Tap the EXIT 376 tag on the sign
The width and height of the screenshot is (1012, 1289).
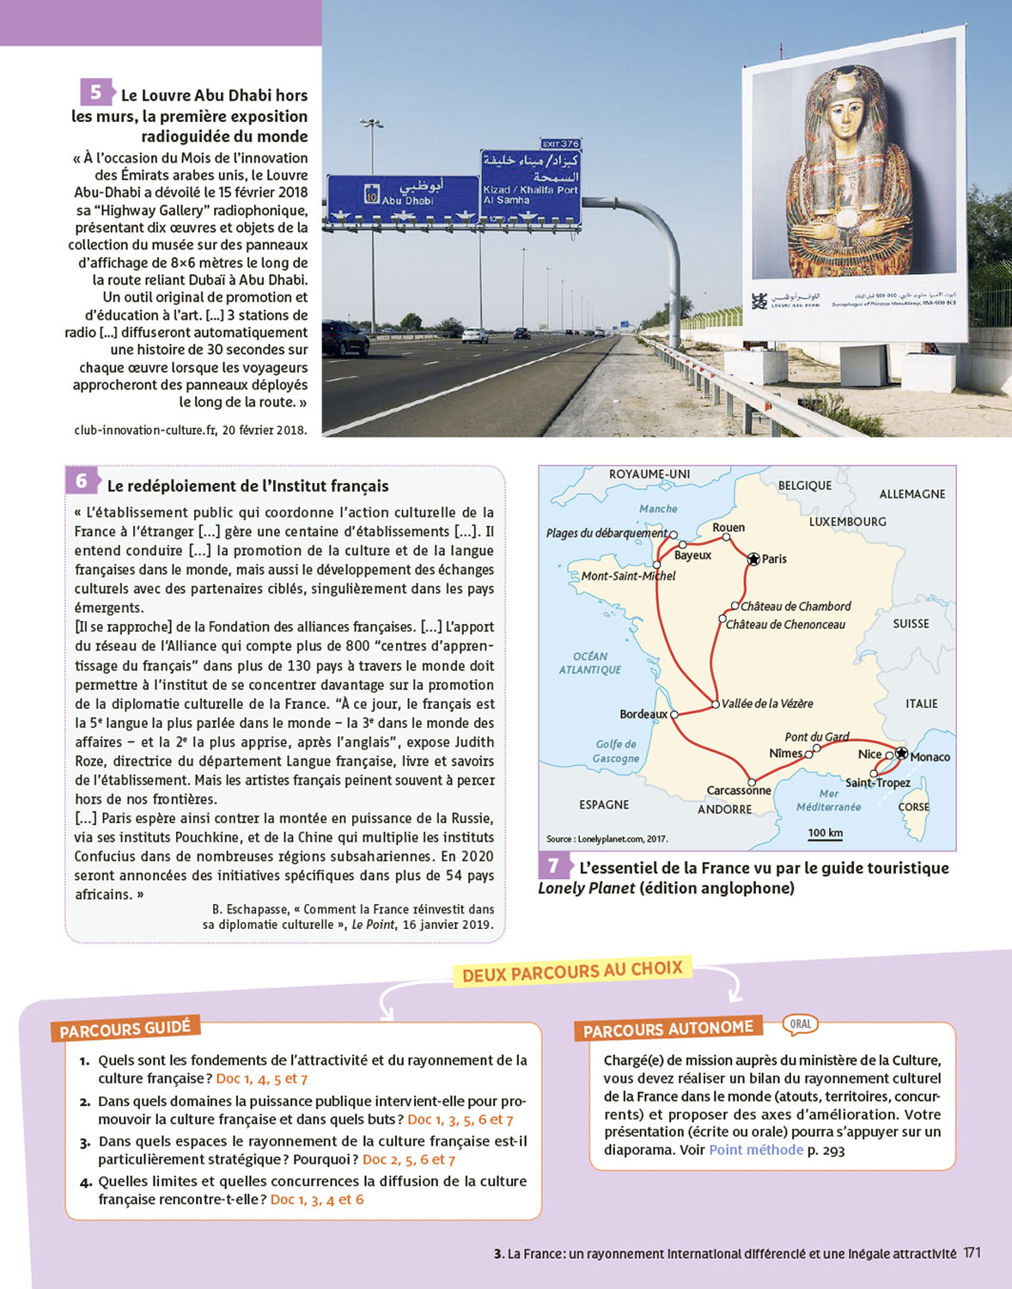coord(560,144)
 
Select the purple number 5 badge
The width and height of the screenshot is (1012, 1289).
coord(95,92)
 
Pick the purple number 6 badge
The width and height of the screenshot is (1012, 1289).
coord(82,481)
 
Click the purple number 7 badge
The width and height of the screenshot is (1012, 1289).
coord(553,865)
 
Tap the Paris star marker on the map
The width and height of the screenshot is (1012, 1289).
coord(753,559)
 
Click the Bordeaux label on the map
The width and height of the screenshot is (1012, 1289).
coord(643,714)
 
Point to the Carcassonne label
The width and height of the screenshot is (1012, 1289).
coord(738,791)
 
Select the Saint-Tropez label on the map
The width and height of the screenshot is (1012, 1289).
coord(877,783)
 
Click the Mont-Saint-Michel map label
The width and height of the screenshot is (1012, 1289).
coord(628,576)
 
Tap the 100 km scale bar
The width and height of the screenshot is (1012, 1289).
coord(825,834)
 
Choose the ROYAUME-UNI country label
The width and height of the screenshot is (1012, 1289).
coord(649,474)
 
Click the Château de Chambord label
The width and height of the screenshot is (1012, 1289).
coord(796,607)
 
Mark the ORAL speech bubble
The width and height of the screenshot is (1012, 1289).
coord(801,1023)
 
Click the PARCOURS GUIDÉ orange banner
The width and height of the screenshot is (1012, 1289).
coord(125,1029)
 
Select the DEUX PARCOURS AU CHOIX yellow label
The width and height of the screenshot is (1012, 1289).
coord(572,972)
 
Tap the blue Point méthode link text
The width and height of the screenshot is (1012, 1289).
coord(756,1150)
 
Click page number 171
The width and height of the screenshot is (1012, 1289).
coord(972,1253)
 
